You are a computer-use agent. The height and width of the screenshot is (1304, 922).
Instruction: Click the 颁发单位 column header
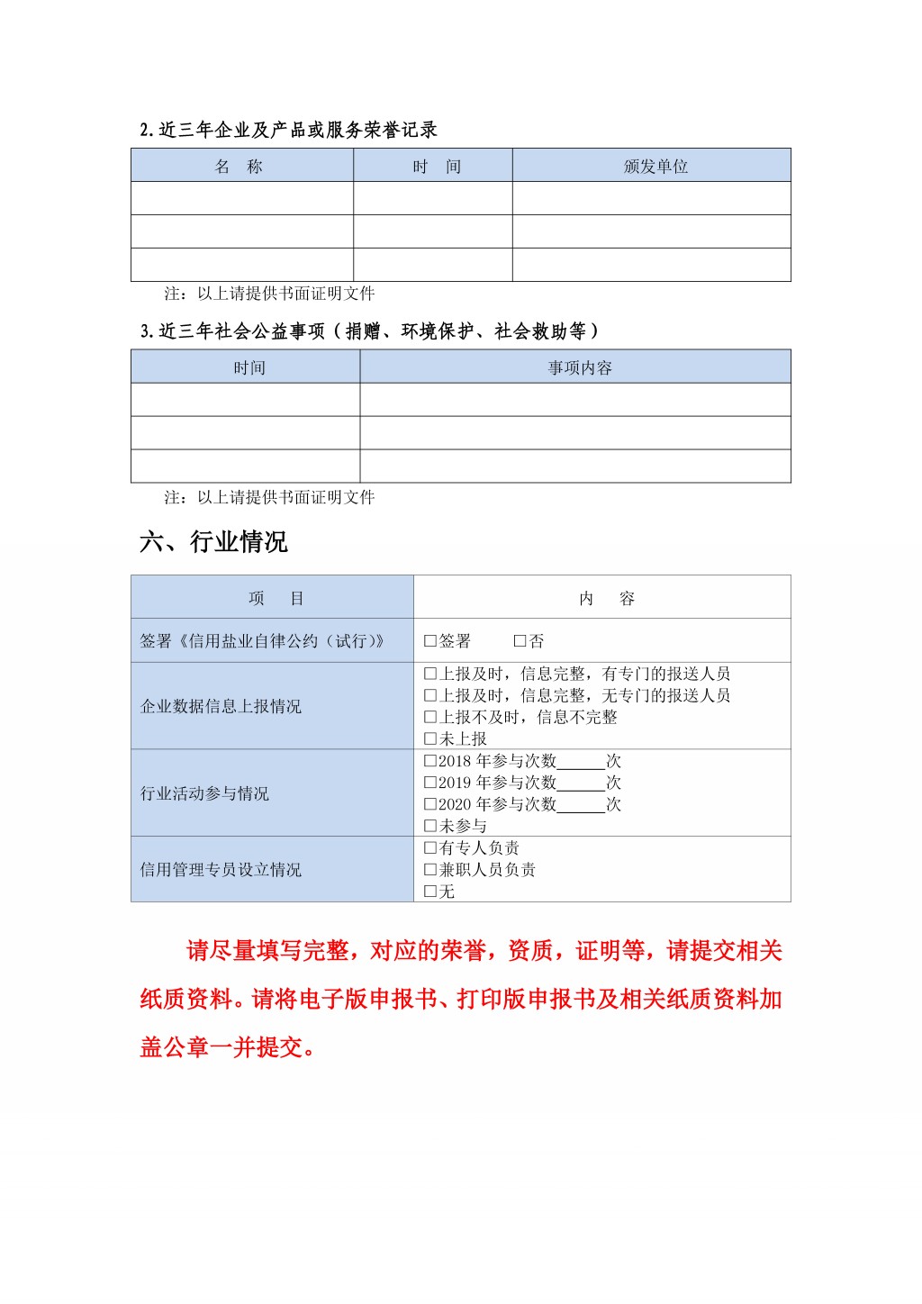pyautogui.click(x=655, y=167)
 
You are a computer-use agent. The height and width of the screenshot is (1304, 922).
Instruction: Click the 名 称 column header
pyautogui.click(x=240, y=167)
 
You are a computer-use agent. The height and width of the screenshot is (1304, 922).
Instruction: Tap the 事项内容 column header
pyautogui.click(x=580, y=367)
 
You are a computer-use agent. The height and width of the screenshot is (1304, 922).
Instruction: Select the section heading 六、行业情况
pyautogui.click(x=213, y=541)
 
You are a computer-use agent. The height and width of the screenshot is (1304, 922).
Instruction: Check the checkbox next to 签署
pyautogui.click(x=430, y=641)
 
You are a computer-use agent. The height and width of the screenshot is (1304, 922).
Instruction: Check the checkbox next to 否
pyautogui.click(x=520, y=641)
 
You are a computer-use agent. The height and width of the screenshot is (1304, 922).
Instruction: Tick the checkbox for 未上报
pyautogui.click(x=430, y=739)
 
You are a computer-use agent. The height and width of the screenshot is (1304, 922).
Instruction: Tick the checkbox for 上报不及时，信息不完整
pyautogui.click(x=430, y=718)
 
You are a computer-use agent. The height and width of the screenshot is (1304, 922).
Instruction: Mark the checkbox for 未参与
pyautogui.click(x=430, y=827)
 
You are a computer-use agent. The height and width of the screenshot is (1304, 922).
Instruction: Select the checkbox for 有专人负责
pyautogui.click(x=430, y=848)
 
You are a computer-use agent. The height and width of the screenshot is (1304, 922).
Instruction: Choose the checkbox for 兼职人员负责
pyautogui.click(x=430, y=870)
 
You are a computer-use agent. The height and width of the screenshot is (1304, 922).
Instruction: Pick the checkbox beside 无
pyautogui.click(x=430, y=892)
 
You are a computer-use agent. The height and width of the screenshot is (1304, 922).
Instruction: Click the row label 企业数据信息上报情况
pyautogui.click(x=221, y=706)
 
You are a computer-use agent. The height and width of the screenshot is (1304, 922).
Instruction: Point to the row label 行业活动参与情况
pyautogui.click(x=204, y=793)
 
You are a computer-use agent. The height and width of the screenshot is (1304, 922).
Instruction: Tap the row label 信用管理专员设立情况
pyautogui.click(x=221, y=870)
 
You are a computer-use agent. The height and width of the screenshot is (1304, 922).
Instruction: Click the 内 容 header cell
pyautogui.click(x=606, y=599)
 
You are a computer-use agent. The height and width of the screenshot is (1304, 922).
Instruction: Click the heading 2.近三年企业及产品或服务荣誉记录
pyautogui.click(x=288, y=130)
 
